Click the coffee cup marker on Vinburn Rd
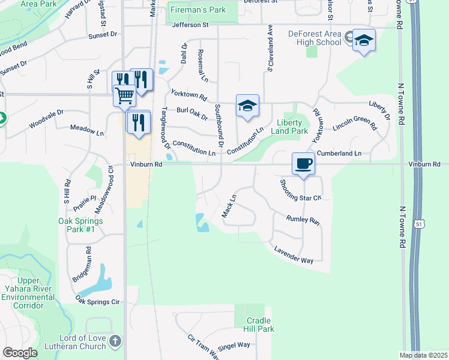pyautogui.click(x=303, y=163)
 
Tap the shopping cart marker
pyautogui.click(x=124, y=95)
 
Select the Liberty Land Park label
pyautogui.click(x=289, y=126)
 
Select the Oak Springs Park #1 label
pyautogui.click(x=80, y=225)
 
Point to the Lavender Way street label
pyautogui.click(x=294, y=255)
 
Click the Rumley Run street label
pyautogui.click(x=303, y=220)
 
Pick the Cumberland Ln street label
pyautogui.click(x=339, y=154)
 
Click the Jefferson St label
pyautogui.click(x=190, y=25)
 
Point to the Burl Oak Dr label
pyautogui.click(x=191, y=113)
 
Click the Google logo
pyautogui.click(x=20, y=352)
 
